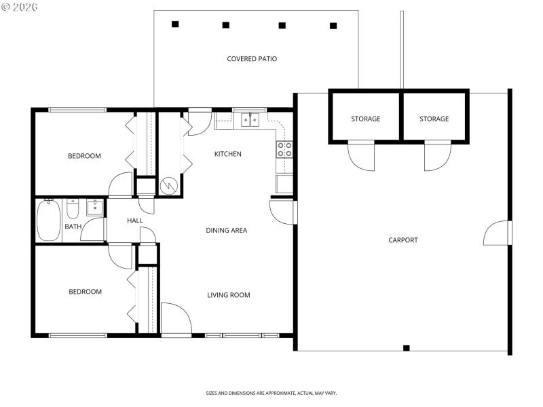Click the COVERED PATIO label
click(252, 59)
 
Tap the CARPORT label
click(403, 240)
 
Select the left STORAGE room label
click(365, 119)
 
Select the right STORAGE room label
click(434, 119)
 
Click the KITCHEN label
click(227, 154)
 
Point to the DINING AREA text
click(226, 231)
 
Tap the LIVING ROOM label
click(228, 295)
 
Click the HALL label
click(134, 221)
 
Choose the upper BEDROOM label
click(84, 156)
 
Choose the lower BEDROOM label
click(85, 292)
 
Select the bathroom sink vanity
click(94, 207)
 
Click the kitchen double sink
click(250, 121)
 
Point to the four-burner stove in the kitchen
click(284, 149)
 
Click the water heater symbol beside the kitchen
click(168, 185)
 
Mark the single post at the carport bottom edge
click(406, 348)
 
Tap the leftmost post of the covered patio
click(175, 24)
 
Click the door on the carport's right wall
click(498, 233)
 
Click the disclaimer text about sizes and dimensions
click(271, 393)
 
